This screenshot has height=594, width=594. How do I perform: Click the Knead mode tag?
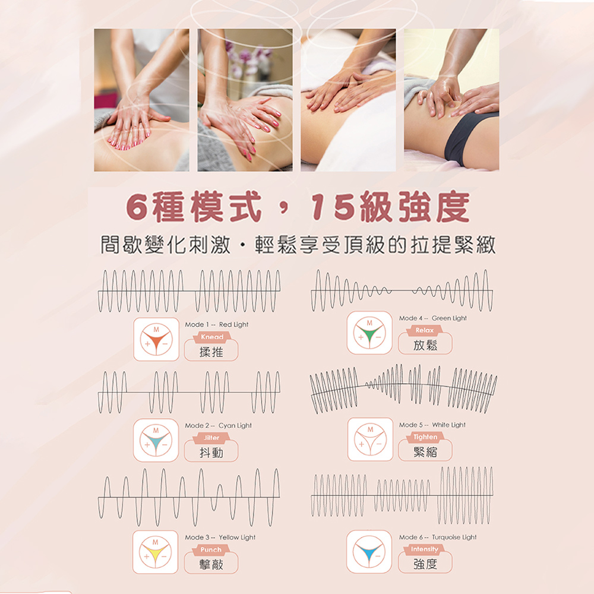pos(212,337)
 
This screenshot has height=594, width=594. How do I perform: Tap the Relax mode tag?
pos(424,330)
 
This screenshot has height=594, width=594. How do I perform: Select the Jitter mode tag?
pos(211,438)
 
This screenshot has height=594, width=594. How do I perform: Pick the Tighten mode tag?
pos(425,437)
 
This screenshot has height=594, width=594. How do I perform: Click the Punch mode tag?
pos(211,549)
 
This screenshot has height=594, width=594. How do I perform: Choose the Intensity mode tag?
pos(424,549)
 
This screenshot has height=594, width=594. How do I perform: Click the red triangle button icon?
pos(156,339)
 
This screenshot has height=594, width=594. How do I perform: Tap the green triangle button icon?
pos(369,333)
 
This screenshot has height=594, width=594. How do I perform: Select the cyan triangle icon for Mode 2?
pos(156,440)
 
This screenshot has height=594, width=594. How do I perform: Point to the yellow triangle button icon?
pos(155,552)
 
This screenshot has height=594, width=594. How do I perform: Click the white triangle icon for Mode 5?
pos(370,439)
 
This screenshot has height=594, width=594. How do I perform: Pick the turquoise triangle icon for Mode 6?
pos(369,552)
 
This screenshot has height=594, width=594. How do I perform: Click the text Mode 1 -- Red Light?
pos(217,325)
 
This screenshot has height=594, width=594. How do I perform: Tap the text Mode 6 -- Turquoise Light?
pos(438,537)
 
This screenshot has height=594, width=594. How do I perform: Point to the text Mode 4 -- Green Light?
pos(432,318)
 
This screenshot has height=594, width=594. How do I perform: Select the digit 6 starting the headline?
pos(137,207)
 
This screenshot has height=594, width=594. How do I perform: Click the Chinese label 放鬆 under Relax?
pos(425,345)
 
